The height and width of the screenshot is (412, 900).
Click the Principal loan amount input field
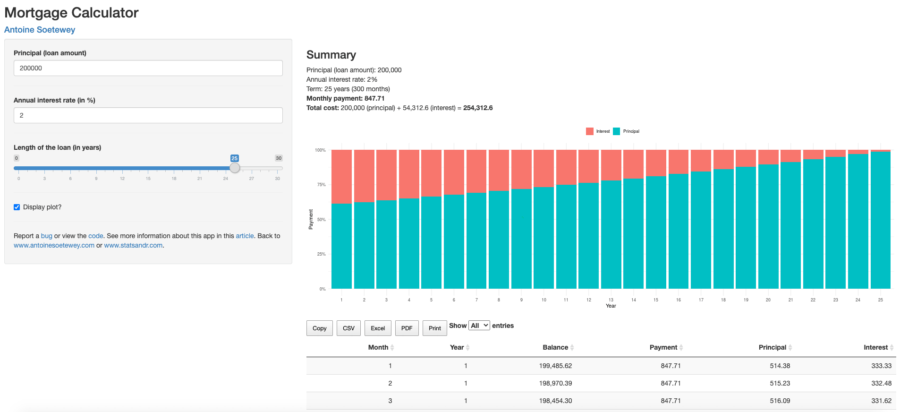click(148, 68)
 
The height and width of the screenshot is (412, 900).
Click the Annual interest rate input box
click(148, 115)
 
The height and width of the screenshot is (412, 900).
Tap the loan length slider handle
click(235, 168)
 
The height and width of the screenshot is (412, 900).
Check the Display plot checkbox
click(17, 207)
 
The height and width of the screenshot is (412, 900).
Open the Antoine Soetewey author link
click(40, 30)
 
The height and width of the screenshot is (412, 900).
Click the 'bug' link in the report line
click(46, 236)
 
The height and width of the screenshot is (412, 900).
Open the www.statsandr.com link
click(133, 245)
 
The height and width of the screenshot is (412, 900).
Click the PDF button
click(407, 328)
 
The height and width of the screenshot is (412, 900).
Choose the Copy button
click(319, 328)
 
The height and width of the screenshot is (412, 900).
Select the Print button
click(434, 328)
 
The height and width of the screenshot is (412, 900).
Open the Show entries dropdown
click(479, 326)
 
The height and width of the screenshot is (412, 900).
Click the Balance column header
click(555, 347)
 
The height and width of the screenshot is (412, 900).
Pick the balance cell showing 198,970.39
click(555, 383)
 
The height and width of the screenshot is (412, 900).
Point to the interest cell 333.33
click(881, 366)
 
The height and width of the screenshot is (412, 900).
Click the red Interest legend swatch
click(590, 131)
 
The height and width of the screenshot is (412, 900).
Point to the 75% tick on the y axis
click(321, 185)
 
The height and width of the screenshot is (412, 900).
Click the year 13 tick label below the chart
click(611, 300)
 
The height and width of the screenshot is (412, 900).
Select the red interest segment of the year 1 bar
click(341, 176)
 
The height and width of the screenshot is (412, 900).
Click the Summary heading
click(331, 55)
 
